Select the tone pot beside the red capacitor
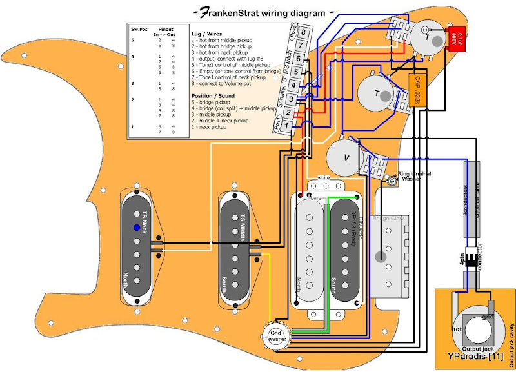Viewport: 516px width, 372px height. [426, 37]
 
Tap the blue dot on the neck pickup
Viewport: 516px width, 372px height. [136, 228]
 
